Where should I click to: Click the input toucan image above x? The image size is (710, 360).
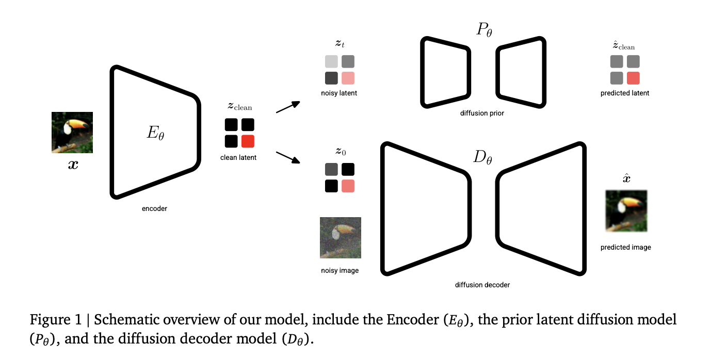(72, 133)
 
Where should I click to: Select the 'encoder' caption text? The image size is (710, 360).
(155, 209)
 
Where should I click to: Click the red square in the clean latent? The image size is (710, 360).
(248, 141)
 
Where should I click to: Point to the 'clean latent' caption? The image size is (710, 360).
(238, 157)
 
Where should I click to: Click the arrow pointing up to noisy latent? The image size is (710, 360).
(288, 107)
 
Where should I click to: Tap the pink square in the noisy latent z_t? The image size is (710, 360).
(348, 78)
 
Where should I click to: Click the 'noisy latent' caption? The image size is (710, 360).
(339, 93)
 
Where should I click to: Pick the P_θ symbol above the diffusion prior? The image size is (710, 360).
(484, 30)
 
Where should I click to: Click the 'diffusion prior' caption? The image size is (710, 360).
(482, 113)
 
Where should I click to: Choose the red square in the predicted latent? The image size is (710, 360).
(633, 78)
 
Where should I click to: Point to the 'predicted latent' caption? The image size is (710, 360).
(625, 93)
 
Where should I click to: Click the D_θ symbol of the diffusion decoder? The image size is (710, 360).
(482, 157)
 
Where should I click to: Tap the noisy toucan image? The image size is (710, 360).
(340, 238)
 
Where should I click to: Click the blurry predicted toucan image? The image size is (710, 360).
(626, 211)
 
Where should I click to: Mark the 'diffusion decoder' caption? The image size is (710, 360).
(483, 285)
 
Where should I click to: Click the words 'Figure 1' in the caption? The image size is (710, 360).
(54, 320)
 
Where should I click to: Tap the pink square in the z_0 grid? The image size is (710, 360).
(348, 186)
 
